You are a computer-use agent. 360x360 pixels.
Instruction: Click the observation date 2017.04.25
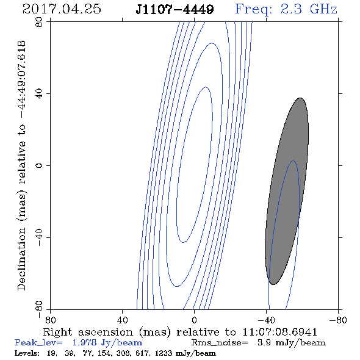[62, 9]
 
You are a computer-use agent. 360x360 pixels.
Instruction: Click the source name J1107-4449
[175, 10]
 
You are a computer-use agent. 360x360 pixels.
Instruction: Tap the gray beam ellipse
[287, 191]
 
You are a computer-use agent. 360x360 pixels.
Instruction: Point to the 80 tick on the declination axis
[39, 22]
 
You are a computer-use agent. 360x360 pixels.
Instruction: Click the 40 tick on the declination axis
[39, 94]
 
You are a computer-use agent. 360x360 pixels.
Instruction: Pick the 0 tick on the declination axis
[39, 165]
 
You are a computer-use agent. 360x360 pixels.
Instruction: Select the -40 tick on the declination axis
[39, 237]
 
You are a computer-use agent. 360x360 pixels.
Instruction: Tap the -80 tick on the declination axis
[39, 309]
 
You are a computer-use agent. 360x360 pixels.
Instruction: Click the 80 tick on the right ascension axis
[50, 320]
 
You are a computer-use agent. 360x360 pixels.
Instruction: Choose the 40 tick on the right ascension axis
[122, 320]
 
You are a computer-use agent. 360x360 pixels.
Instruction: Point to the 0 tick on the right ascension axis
[194, 320]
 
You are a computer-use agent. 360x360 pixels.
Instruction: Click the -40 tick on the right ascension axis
[266, 320]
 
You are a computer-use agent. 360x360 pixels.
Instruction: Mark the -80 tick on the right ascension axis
[338, 320]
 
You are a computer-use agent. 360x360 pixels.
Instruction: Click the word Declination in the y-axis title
[21, 259]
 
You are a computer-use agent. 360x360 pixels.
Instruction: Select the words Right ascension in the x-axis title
[88, 332]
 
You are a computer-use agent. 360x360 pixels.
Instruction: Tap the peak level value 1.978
[84, 342]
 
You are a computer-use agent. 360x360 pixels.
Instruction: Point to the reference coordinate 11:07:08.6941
[280, 332]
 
